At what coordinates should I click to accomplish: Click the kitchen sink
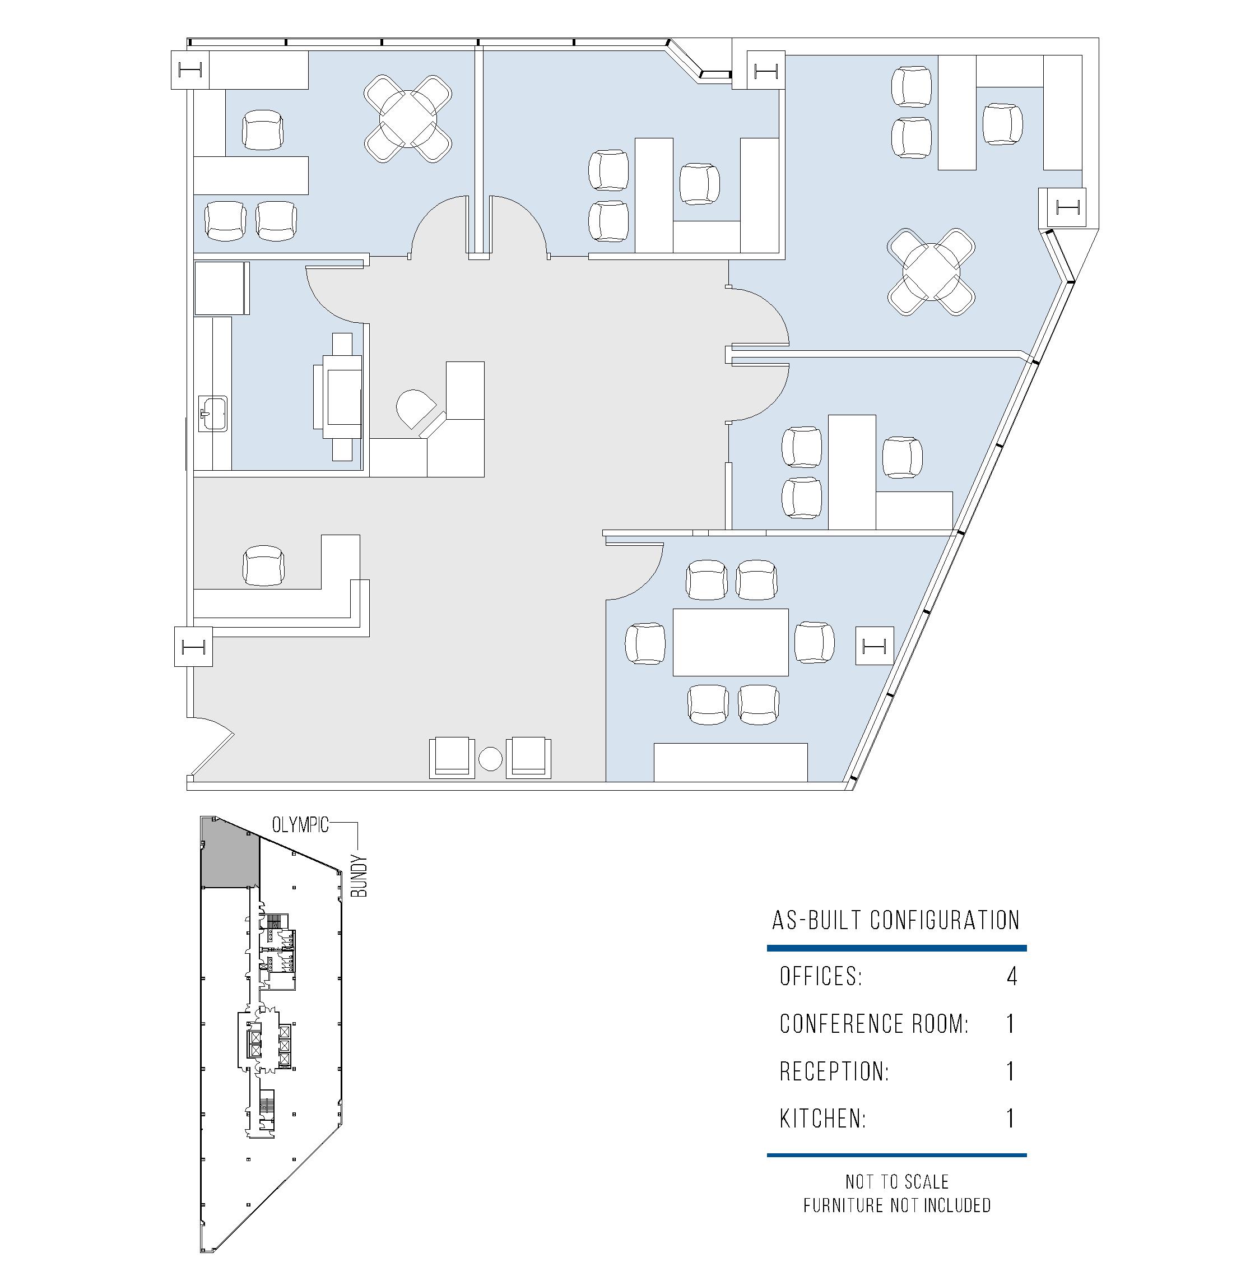213,414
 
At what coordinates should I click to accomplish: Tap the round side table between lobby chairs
490,758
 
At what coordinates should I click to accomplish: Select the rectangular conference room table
731,642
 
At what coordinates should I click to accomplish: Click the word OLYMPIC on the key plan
300,825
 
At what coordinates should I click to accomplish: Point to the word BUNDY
359,876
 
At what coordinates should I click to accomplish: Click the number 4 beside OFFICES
1011,977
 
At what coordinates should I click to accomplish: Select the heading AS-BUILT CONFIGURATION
896,920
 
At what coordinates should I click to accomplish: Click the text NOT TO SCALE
896,1182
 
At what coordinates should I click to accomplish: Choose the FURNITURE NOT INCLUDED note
896,1205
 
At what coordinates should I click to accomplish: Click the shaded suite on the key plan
229,853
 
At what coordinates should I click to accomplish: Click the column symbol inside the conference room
875,646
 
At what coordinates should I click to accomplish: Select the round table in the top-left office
408,118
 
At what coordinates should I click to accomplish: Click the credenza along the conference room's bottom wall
731,762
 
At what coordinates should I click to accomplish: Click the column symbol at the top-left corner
190,69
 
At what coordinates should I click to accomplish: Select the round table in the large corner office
931,272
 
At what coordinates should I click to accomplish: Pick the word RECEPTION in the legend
834,1071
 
